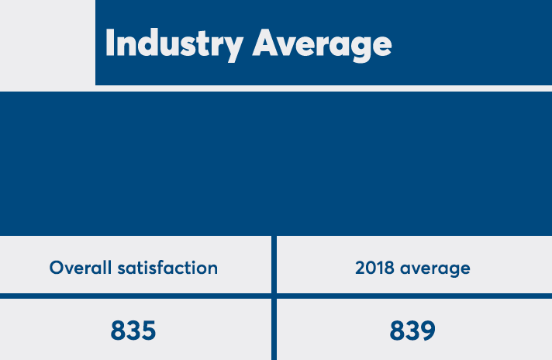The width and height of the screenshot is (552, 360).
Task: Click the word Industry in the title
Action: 174,43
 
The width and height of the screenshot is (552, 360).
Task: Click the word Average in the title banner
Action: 322,43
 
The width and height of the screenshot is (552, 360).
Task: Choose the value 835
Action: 133,331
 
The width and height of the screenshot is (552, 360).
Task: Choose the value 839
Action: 412,331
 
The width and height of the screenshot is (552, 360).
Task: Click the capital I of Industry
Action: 109,43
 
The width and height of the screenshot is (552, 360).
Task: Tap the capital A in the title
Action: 267,43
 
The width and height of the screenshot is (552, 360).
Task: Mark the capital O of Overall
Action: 57,268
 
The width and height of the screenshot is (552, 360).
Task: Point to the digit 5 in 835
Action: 148,331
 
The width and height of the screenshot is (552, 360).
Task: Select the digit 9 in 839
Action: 428,331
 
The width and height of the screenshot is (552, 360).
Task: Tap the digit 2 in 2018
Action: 361,268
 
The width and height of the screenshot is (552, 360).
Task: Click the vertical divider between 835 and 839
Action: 274,331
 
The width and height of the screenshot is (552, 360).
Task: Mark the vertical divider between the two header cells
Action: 274,265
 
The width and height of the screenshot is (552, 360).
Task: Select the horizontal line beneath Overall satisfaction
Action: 136,296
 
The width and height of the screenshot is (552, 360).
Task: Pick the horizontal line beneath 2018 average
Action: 414,296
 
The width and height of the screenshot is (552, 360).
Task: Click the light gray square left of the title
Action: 47,42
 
